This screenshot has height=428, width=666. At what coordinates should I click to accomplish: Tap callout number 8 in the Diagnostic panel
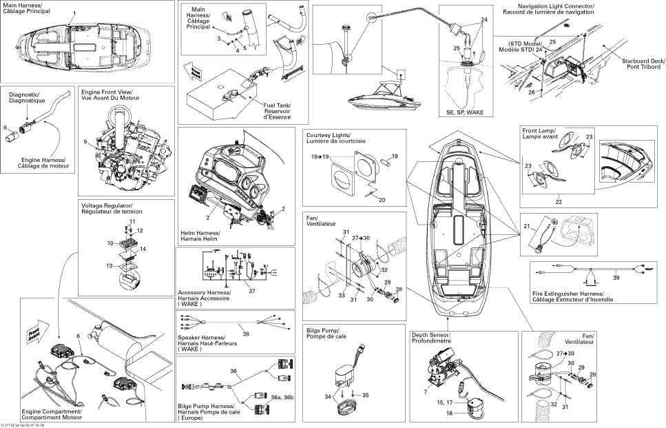coord(5,128)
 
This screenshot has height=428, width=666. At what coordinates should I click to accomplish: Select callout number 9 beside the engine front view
coord(85,141)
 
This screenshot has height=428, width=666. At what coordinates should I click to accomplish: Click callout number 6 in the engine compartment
coord(79,335)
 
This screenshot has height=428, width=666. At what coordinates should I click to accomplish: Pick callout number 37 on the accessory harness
coord(252,292)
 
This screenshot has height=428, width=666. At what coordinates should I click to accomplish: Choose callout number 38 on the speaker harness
coord(246,334)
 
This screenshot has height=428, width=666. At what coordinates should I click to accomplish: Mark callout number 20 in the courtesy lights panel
coord(382,199)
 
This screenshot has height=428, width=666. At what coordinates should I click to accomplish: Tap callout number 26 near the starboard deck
coord(531,92)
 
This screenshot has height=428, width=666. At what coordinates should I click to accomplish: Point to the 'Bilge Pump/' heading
coord(322,332)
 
